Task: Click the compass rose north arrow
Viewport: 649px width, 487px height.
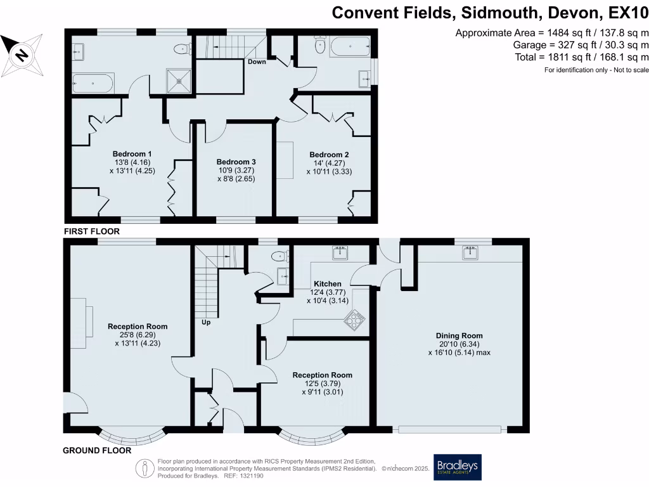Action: pos(22,54)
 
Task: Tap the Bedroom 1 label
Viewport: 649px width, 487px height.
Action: pos(132,154)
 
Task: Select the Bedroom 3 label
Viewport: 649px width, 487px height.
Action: pos(235,162)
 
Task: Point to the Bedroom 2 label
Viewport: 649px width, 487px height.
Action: pos(329,154)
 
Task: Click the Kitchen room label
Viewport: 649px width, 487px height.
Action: pos(327,283)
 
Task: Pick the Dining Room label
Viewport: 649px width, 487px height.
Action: pos(459,335)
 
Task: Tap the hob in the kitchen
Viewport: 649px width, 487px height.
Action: pos(354,321)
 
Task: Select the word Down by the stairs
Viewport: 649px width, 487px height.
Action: pos(257,62)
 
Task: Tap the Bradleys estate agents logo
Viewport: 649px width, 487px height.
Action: pos(457,467)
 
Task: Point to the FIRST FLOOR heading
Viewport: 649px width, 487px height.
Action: pos(92,232)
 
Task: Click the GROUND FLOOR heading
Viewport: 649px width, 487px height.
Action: pos(96,451)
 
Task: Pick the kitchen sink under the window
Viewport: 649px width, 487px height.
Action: pos(340,253)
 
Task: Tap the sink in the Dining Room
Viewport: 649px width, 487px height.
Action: pos(470,253)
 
